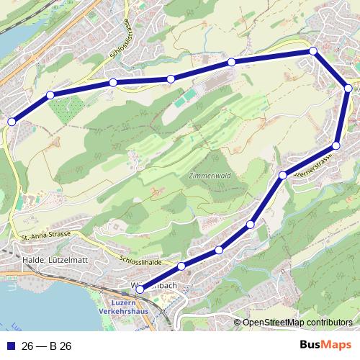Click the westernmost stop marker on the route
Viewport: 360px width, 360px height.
click(x=11, y=122)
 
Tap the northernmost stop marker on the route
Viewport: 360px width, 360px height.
click(x=313, y=50)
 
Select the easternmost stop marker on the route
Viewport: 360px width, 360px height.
click(x=348, y=89)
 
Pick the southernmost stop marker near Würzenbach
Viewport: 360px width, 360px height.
click(x=139, y=289)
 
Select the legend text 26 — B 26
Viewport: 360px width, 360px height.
click(x=47, y=346)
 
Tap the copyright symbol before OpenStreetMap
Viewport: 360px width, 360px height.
click(x=238, y=322)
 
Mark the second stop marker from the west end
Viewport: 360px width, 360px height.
click(x=50, y=95)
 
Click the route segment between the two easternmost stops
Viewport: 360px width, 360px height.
click(x=342, y=118)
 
